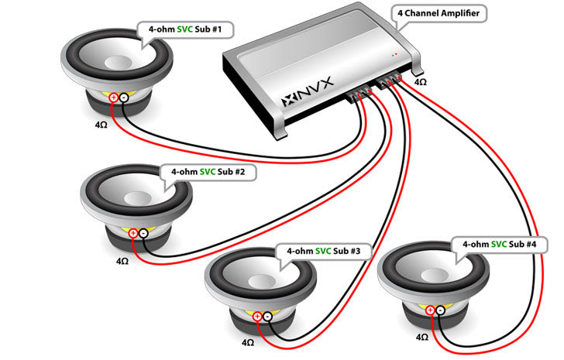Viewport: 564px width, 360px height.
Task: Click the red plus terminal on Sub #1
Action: coord(114,98)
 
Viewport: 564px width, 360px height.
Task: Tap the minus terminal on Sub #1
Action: coord(123,98)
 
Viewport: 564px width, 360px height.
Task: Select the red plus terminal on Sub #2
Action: coord(132,233)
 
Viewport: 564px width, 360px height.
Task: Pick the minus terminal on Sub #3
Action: coord(267,316)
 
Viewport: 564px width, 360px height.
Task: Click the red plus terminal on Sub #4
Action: coord(430,310)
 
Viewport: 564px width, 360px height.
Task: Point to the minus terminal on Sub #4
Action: coord(439,310)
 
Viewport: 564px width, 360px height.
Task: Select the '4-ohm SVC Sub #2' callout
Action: coord(208,171)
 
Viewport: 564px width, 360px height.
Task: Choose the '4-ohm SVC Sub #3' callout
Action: coord(323,252)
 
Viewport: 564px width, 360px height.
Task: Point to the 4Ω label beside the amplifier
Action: coord(420,81)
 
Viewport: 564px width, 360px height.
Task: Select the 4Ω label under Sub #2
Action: coord(122,261)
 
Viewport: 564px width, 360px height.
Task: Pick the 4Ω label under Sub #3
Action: coord(247,341)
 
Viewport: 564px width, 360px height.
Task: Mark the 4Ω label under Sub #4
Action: coord(421,338)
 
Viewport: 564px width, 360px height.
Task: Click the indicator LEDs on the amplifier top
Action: coord(395,55)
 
